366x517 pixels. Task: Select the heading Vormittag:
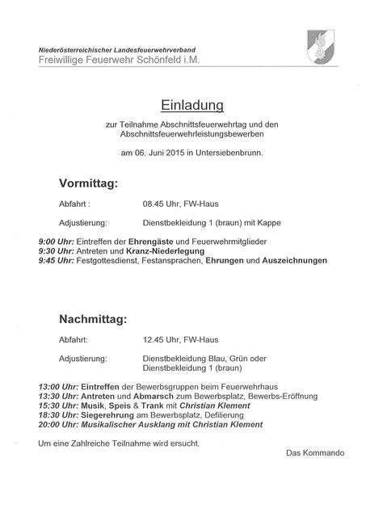coord(89,184)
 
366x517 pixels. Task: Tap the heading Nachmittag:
coord(92,320)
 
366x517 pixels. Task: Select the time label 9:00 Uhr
coord(55,242)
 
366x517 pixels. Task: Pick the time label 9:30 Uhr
coord(55,251)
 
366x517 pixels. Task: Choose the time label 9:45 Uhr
coord(55,261)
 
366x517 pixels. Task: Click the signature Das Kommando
coord(315,452)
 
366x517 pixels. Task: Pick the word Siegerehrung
coord(107,415)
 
